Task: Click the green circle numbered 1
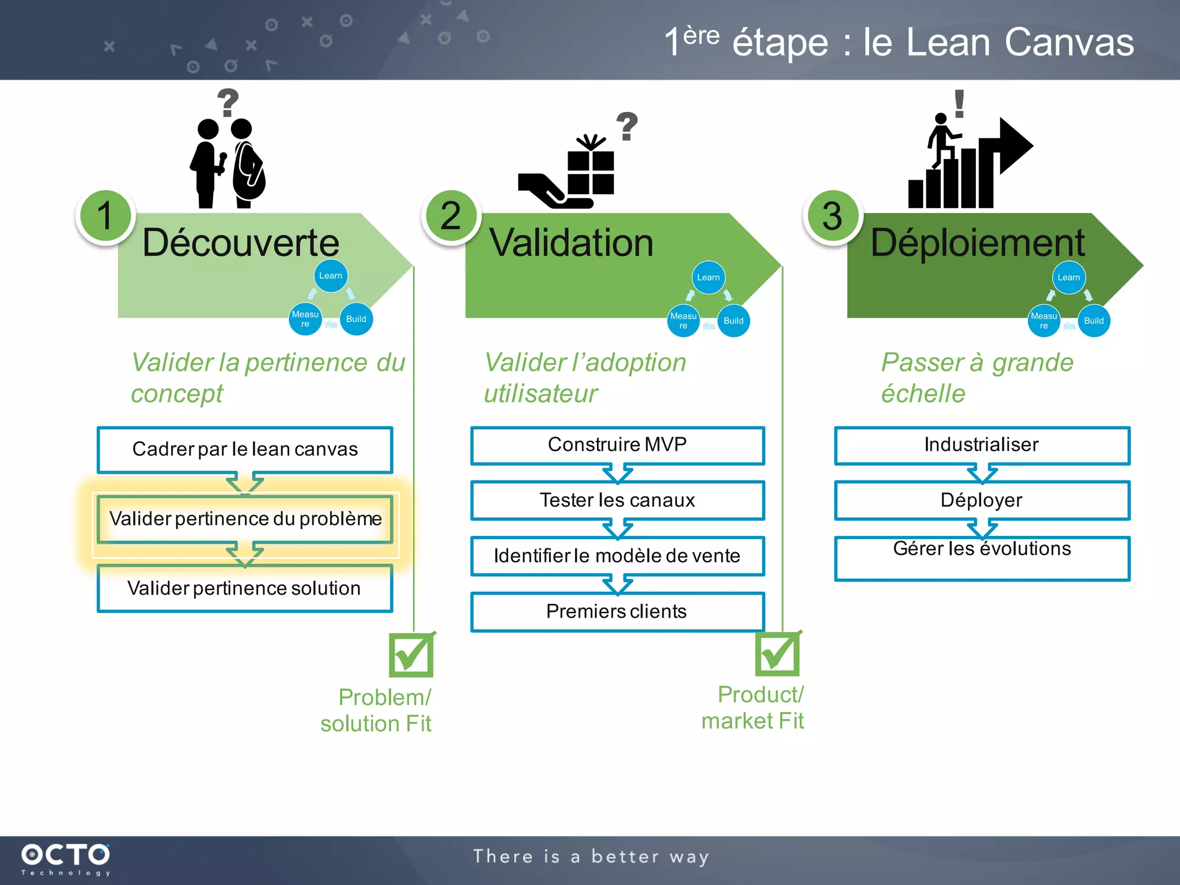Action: (105, 216)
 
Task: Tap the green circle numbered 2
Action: (451, 216)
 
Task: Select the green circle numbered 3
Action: (833, 216)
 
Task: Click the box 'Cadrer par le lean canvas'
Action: (245, 449)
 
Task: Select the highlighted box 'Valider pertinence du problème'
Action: (245, 519)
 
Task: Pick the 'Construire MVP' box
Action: (617, 445)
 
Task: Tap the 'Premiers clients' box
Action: (617, 611)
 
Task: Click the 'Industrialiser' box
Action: (982, 445)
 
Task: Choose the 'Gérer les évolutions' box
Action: (982, 558)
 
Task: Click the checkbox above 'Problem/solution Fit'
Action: (411, 655)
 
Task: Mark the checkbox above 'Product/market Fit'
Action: (777, 653)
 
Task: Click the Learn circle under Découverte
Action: (331, 276)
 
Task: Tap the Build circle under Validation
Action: (733, 321)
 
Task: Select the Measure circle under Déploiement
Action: (1043, 321)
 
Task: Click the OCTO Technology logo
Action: (65, 858)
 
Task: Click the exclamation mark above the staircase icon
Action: (959, 104)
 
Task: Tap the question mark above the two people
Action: (228, 103)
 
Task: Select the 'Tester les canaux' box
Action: (617, 500)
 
